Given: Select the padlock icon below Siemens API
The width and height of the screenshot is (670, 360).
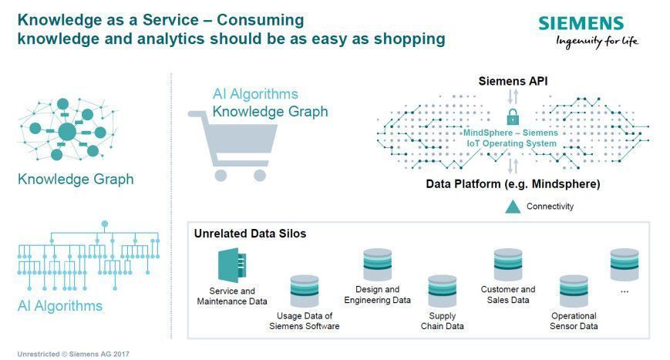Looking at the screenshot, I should pyautogui.click(x=512, y=117).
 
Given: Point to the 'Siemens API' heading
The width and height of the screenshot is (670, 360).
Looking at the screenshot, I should pyautogui.click(x=513, y=81).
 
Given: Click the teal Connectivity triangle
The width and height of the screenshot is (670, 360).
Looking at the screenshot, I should pyautogui.click(x=512, y=207).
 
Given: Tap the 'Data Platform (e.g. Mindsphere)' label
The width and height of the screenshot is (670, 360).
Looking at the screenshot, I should pyautogui.click(x=513, y=184).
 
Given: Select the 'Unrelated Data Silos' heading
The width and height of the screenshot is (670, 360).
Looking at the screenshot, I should pyautogui.click(x=250, y=234).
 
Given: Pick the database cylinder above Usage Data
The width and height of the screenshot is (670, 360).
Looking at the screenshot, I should pyautogui.click(x=305, y=291).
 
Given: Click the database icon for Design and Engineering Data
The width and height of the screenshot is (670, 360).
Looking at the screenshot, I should pyautogui.click(x=377, y=264).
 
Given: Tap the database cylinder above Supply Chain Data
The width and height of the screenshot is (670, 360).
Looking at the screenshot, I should pyautogui.click(x=443, y=291).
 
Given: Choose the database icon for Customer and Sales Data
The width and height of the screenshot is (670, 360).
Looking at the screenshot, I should pyautogui.click(x=508, y=264).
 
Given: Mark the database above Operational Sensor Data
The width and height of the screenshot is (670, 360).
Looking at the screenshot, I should pyautogui.click(x=574, y=291).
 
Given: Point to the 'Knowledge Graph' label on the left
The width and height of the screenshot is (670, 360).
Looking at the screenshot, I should pyautogui.click(x=76, y=180).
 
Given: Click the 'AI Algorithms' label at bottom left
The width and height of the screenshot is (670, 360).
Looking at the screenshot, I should pyautogui.click(x=60, y=306).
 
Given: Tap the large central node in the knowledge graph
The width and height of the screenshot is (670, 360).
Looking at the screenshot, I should pyautogui.click(x=67, y=132).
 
